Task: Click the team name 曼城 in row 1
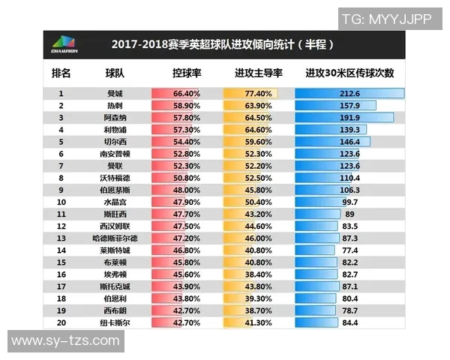[115, 94]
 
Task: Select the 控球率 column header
[187, 73]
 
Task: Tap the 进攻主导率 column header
[258, 73]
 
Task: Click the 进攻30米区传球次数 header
[349, 73]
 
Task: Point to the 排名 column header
[61, 73]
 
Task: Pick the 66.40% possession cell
[186, 94]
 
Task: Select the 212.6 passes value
[349, 94]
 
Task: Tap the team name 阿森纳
[115, 118]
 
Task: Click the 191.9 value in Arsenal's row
[349, 118]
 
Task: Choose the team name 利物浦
[115, 130]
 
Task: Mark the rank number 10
[61, 202]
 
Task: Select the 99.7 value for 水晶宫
[349, 202]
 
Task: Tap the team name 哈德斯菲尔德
[115, 238]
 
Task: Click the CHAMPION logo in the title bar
[61, 44]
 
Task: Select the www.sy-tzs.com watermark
[66, 341]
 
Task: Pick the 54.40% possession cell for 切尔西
[186, 142]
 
